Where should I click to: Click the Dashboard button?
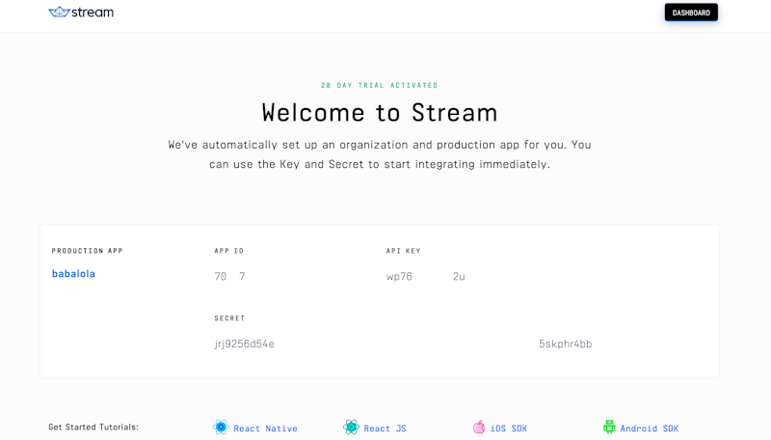[x=691, y=13]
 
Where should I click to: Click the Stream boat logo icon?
[x=59, y=13]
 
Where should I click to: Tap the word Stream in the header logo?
[x=93, y=13]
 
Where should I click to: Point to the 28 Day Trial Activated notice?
[x=379, y=85]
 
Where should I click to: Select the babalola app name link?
[x=73, y=274]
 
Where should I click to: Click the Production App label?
[x=87, y=251]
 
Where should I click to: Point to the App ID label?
[x=228, y=251]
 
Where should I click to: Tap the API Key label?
[x=403, y=251]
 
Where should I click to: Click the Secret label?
[x=229, y=318]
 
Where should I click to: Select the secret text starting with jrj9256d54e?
[x=244, y=344]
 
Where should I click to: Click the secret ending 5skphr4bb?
[x=565, y=344]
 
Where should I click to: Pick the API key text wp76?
[x=399, y=277]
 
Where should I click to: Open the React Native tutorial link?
[x=265, y=428]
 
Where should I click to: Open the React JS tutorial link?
[x=385, y=428]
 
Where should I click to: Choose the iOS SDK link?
[x=508, y=428]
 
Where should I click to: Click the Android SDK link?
[x=649, y=428]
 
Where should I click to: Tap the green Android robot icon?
[x=609, y=426]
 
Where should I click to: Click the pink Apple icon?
[x=479, y=426]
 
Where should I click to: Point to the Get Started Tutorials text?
[x=93, y=426]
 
